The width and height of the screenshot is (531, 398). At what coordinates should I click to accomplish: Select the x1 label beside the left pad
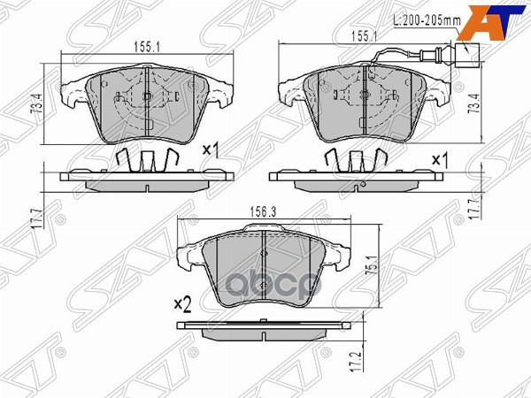tap(211, 150)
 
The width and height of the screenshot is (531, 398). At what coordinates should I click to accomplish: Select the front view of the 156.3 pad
tap(266, 264)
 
